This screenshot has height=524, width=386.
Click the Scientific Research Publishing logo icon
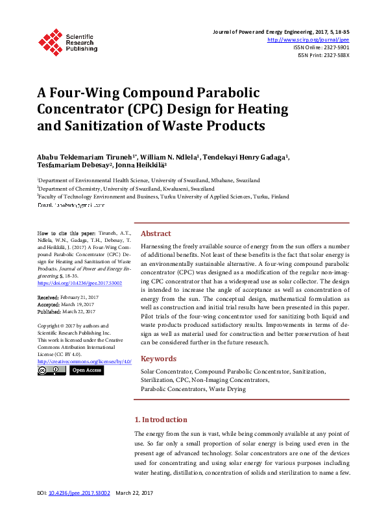coord(49,40)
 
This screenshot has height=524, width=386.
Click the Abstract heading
coord(156,233)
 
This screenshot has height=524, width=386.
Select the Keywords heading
coord(158,359)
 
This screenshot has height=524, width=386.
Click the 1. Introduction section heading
coord(160,420)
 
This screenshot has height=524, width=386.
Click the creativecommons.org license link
coord(84,361)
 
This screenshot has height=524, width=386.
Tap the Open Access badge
coord(86,370)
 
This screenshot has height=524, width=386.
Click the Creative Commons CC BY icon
coord(51,370)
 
